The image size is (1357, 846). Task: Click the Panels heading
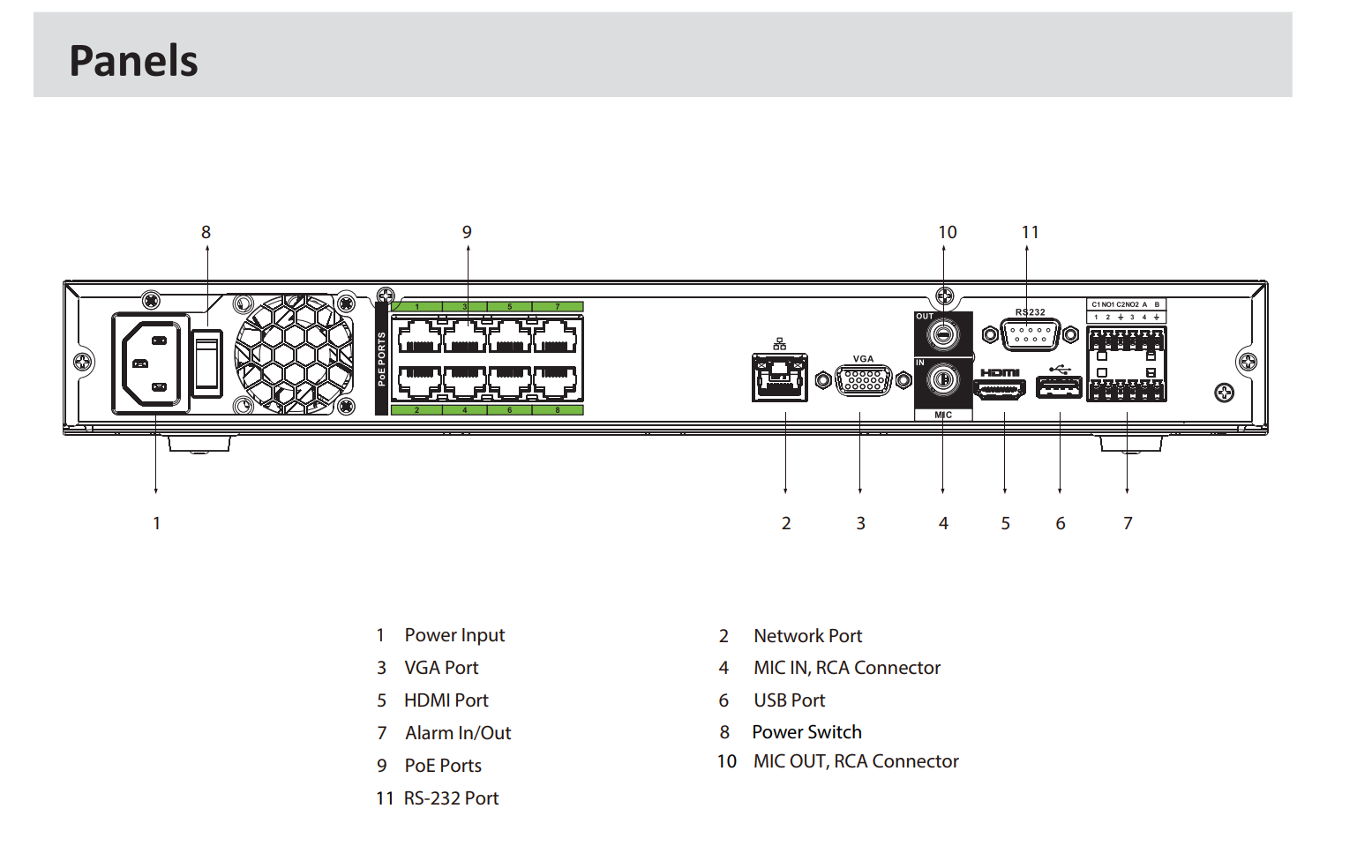(133, 61)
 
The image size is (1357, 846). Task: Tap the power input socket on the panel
(150, 363)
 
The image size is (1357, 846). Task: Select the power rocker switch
(207, 363)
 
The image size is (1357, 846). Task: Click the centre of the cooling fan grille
(294, 355)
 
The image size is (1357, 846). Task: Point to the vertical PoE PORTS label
(382, 358)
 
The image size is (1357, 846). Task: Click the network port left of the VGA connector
(779, 377)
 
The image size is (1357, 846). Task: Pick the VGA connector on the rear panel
(863, 380)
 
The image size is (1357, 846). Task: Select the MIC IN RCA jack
(943, 380)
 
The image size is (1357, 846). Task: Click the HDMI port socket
(1000, 388)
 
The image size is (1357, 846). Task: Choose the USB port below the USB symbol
(1058, 387)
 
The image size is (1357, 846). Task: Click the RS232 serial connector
(1030, 335)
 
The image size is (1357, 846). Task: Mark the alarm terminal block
(1126, 363)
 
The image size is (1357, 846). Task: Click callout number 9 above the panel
(467, 232)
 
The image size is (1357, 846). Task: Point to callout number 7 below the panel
(1128, 523)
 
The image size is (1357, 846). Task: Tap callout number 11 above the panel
(1030, 232)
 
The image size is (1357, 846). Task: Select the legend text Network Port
(807, 636)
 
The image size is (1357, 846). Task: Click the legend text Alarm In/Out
(458, 733)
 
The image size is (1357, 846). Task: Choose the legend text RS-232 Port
(451, 798)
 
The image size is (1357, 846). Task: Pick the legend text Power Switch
(806, 732)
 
